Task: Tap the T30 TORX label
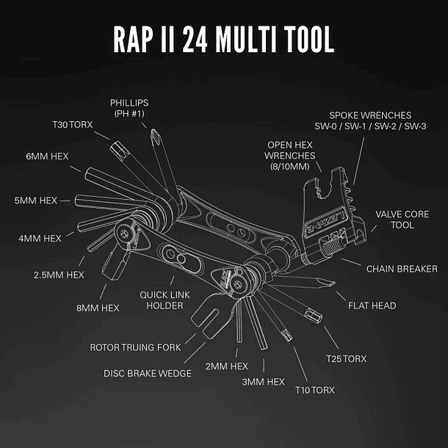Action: tap(72, 125)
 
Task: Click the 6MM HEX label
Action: tap(46, 156)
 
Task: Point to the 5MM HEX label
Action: tap(36, 200)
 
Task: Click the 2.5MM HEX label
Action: tap(59, 274)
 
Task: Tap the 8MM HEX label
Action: tap(99, 308)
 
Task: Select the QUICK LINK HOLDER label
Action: tap(160, 300)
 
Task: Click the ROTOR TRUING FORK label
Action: tap(135, 346)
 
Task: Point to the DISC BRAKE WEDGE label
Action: tap(148, 373)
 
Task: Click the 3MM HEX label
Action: tap(262, 382)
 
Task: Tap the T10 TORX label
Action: tap(314, 390)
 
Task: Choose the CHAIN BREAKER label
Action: tap(402, 269)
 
